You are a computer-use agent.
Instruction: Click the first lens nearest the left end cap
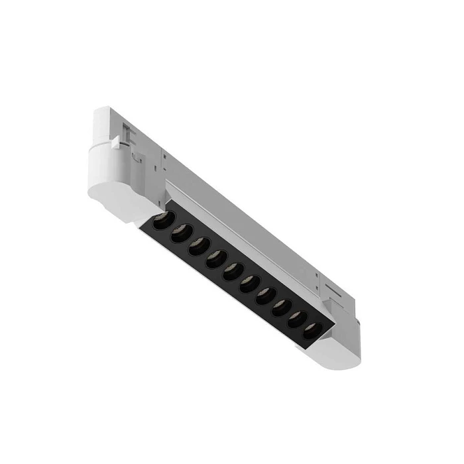point(163,221)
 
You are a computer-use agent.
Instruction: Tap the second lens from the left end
point(180,234)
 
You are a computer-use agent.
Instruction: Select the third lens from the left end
point(198,247)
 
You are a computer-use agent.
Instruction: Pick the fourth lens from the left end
point(215,259)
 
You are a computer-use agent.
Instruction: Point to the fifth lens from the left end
point(232,272)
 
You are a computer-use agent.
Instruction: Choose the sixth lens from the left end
point(249,284)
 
